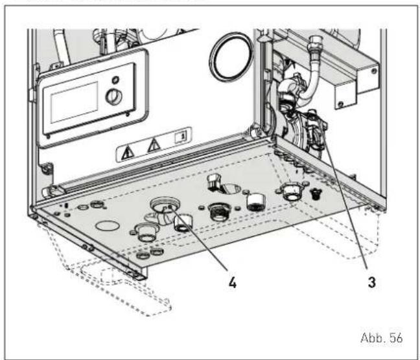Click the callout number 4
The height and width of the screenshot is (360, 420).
(233, 282)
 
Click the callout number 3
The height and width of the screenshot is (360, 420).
(372, 282)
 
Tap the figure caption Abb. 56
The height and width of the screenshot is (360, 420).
(381, 338)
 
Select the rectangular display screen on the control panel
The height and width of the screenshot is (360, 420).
(74, 102)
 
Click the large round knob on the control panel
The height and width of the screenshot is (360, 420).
(114, 96)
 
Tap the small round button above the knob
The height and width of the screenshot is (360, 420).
(115, 80)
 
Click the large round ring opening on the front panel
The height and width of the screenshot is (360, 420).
(231, 57)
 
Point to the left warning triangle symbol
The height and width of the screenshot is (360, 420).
(128, 153)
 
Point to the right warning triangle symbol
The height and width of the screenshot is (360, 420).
(154, 146)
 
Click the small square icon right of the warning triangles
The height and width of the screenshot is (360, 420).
(181, 137)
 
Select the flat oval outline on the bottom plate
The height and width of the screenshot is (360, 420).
(108, 225)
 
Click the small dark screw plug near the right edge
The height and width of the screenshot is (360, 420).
(316, 193)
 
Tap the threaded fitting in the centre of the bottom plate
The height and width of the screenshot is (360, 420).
(219, 212)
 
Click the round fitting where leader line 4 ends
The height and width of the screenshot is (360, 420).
(165, 206)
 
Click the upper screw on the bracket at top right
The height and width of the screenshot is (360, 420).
(374, 71)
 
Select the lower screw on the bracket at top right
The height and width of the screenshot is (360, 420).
(340, 104)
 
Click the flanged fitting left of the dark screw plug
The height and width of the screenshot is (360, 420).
(292, 191)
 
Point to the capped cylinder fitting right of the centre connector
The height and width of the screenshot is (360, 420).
(255, 201)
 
